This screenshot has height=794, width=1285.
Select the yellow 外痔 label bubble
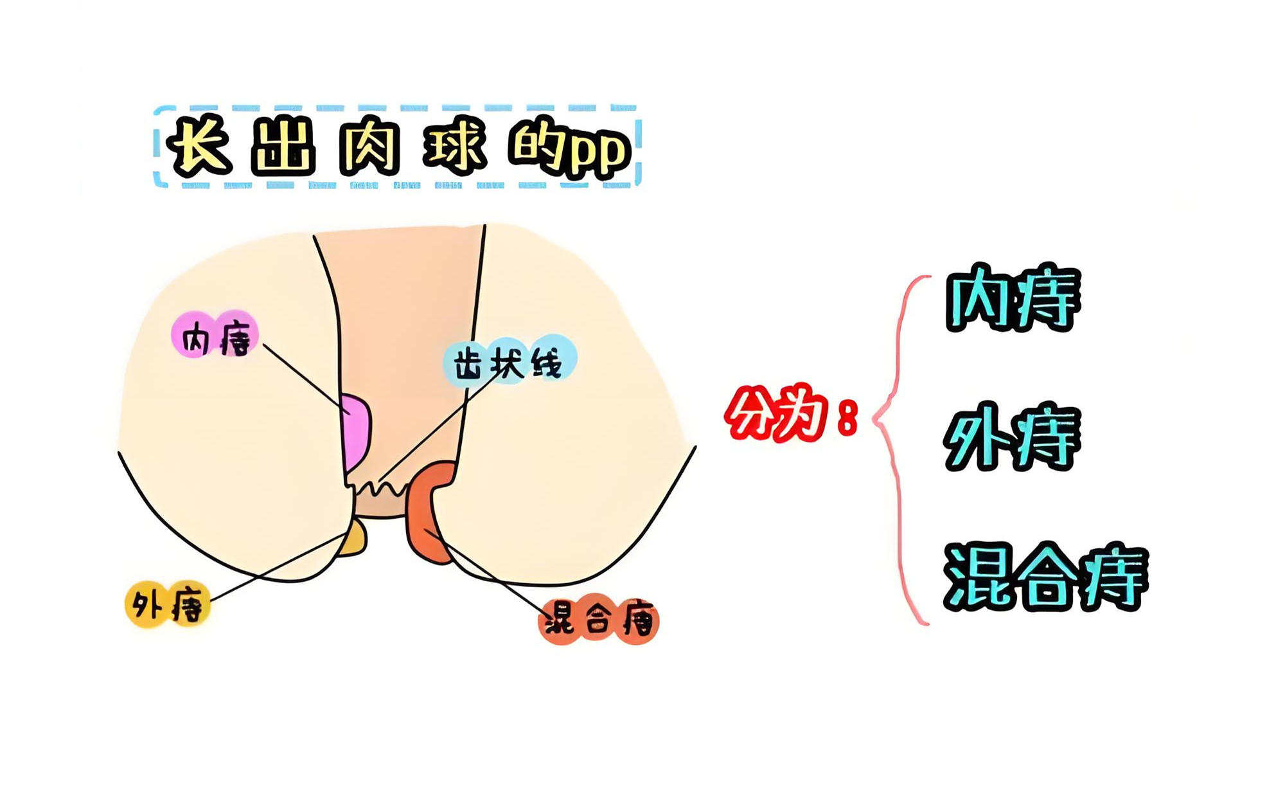coord(168,604)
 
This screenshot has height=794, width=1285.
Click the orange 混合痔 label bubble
coord(599,620)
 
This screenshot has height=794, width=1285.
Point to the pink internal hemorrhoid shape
coord(357,432)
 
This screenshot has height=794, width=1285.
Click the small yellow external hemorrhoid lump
coord(354,539)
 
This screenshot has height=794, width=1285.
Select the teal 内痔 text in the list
coord(1014,299)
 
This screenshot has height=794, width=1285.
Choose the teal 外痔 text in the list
coord(1013,437)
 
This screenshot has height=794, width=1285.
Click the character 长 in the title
coord(200,147)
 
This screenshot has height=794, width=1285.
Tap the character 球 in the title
coord(455,147)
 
